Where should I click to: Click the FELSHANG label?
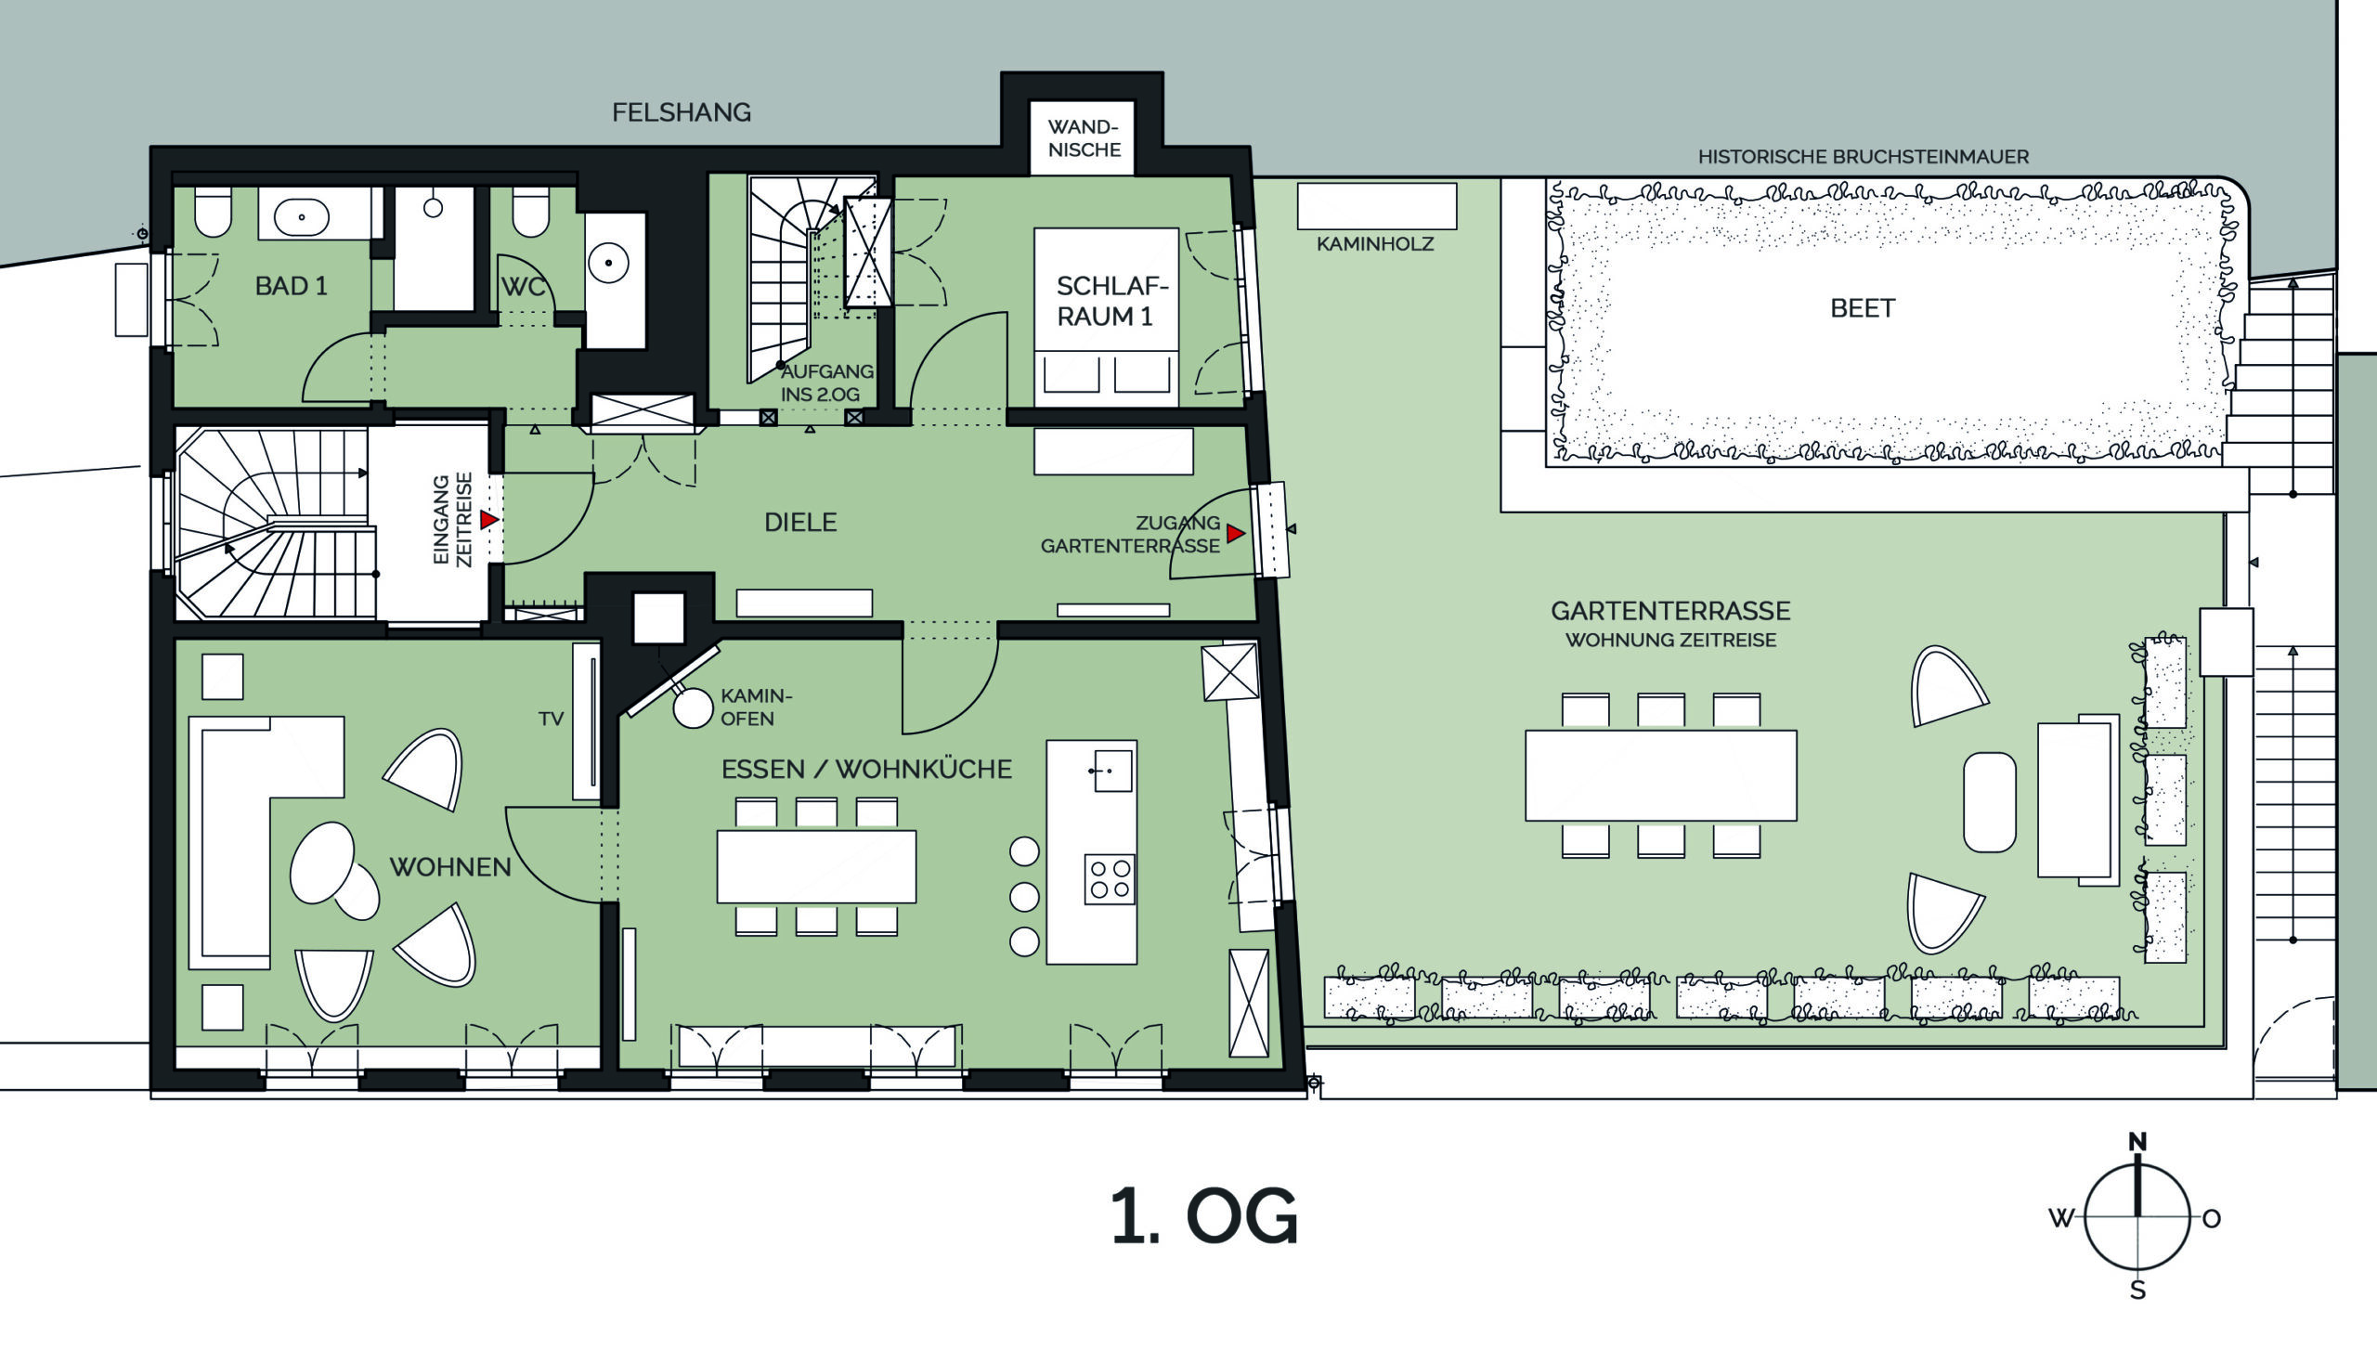coord(681,112)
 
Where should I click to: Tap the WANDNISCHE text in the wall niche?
coord(1084,138)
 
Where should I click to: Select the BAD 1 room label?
coord(292,286)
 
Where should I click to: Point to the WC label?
coord(523,287)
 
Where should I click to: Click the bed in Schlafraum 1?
coord(1106,318)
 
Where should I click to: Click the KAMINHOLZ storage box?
coord(1376,206)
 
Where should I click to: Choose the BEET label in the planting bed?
coord(1862,308)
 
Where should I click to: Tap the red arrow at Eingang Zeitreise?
coord(489,520)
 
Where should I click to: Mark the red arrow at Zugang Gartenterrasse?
coord(1235,534)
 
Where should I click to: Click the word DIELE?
coord(800,523)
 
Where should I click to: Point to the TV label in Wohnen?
coord(551,719)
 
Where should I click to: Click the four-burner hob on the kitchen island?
coord(1110,879)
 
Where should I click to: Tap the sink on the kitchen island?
coord(1112,771)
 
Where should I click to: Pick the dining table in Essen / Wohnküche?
coord(816,866)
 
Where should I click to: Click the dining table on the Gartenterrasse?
coord(1661,775)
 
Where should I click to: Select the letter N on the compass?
coord(2137,1142)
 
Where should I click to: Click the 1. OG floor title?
coord(1204,1215)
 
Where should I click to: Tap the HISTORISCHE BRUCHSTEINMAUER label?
coord(1864,157)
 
